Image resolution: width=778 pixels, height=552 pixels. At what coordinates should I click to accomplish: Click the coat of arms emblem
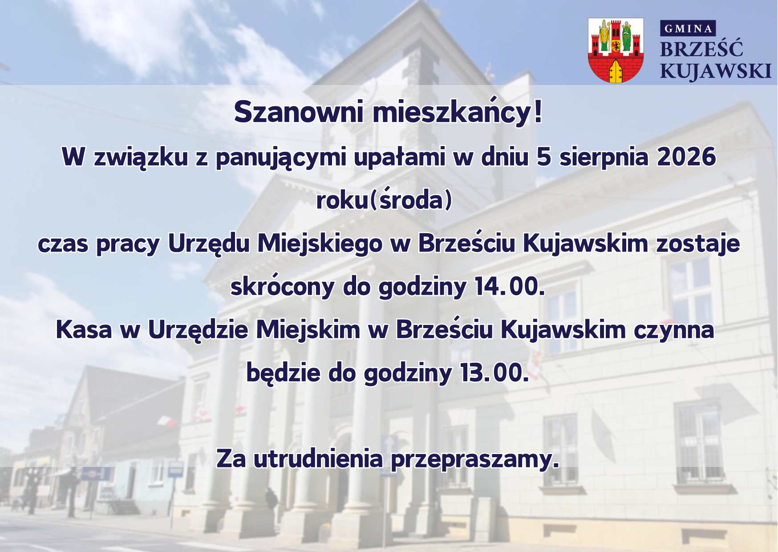tap(616, 50)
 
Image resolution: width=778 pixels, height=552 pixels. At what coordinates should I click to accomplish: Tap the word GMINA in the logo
tap(688, 28)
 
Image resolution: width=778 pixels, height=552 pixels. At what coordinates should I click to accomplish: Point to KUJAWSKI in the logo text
tap(715, 71)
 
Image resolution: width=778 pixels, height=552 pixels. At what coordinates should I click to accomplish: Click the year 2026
tap(686, 157)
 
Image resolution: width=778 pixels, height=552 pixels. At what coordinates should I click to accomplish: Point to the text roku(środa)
tap(384, 199)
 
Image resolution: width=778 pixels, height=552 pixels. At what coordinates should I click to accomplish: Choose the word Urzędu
tap(208, 244)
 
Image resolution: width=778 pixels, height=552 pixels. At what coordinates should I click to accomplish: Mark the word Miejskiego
tap(320, 244)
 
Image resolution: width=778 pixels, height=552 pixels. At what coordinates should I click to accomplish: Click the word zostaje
tap(698, 244)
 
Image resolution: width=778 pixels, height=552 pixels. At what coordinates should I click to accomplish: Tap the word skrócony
tap(282, 286)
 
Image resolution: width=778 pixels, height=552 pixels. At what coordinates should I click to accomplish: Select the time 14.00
tap(510, 286)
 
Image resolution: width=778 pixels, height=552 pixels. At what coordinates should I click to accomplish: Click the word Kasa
tap(84, 330)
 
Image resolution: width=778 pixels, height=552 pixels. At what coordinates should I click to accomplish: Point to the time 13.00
tap(494, 373)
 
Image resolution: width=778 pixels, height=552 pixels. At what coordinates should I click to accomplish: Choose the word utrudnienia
tap(318, 459)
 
